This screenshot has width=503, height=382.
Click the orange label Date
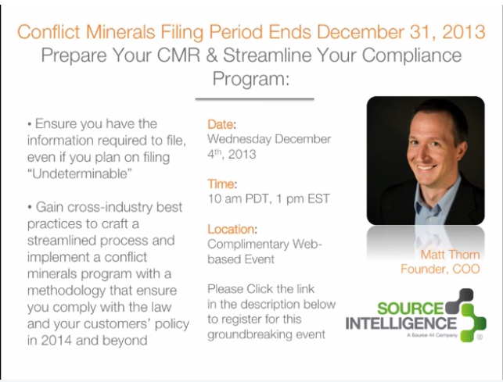point(220,124)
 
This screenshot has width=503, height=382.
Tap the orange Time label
point(221,184)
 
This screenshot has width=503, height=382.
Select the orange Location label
point(231,229)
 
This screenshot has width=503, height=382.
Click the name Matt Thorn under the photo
point(450,255)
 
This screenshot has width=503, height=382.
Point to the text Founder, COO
point(440,269)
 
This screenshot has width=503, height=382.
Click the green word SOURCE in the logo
point(410,308)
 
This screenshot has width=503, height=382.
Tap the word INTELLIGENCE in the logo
point(401,323)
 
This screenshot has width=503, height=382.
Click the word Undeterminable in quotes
point(80,173)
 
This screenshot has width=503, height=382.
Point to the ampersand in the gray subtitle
point(212,55)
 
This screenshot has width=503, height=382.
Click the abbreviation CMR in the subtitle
point(178,55)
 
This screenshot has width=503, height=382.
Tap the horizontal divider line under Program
point(254,99)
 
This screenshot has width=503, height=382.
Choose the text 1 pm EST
point(303,198)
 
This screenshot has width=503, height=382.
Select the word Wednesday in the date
point(239,139)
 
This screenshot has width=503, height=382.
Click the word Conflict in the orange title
point(49,32)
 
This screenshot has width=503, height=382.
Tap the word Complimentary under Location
point(248,245)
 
